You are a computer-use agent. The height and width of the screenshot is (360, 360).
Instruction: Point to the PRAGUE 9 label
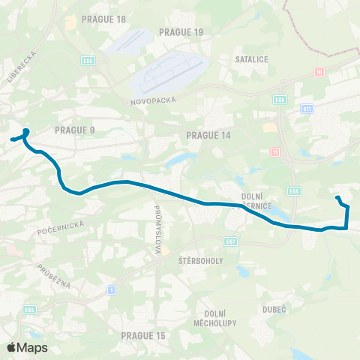[75, 130]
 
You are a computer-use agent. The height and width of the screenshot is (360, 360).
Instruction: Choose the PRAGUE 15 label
[142, 335]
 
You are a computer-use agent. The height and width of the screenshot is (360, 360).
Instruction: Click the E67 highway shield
[231, 241]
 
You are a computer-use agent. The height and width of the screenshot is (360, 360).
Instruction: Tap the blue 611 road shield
[307, 109]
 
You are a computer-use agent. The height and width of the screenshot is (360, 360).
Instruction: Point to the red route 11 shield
[275, 151]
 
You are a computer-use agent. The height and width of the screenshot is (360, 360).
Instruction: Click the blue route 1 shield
[112, 289]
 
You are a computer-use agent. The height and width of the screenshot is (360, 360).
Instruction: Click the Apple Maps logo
[27, 347]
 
